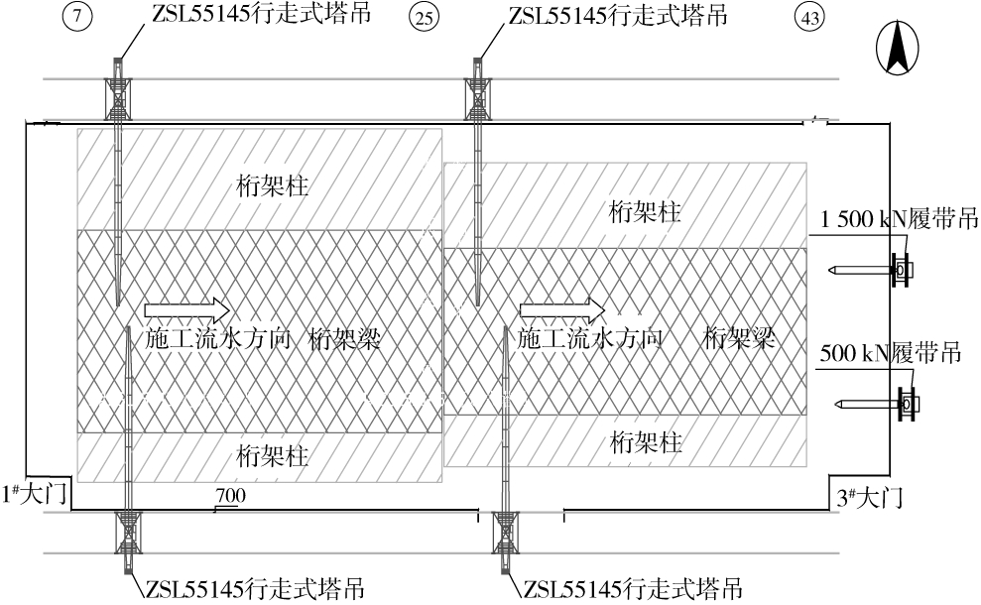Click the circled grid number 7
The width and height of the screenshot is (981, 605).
point(81,18)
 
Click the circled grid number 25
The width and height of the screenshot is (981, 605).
point(425,18)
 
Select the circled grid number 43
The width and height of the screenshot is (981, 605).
point(808,18)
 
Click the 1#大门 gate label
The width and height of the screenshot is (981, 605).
point(35,493)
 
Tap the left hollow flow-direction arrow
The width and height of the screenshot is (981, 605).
point(187,306)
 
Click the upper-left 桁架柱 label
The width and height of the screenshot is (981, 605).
point(272,184)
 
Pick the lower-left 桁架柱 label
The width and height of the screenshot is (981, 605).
point(272,456)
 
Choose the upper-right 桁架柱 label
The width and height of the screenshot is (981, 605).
point(647,211)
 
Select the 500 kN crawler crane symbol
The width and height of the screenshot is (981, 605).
point(906,404)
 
